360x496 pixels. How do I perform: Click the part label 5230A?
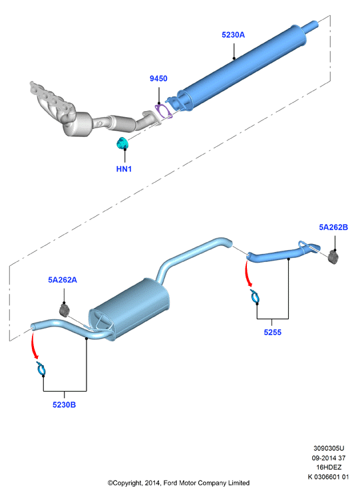(x=233, y=35)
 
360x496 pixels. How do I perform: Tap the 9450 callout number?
(x=158, y=78)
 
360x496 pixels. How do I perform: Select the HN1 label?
(x=124, y=169)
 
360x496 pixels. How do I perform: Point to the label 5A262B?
(x=333, y=227)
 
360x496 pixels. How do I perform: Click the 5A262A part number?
(x=63, y=280)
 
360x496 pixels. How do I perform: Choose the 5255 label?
(x=272, y=332)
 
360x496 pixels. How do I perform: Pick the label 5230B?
(x=64, y=405)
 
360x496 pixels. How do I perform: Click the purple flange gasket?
(x=164, y=111)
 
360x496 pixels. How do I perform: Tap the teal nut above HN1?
(x=122, y=144)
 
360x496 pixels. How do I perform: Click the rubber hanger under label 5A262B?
(x=333, y=256)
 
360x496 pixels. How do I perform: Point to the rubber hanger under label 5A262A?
(x=65, y=310)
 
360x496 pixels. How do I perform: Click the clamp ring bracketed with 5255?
(x=256, y=296)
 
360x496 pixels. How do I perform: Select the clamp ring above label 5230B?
(x=41, y=368)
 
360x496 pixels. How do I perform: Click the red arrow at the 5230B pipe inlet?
(x=33, y=345)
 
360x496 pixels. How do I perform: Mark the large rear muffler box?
(x=129, y=309)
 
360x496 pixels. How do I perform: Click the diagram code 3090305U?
(x=329, y=448)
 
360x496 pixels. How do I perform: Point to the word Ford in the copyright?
(x=170, y=483)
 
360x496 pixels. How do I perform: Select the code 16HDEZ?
(x=329, y=467)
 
